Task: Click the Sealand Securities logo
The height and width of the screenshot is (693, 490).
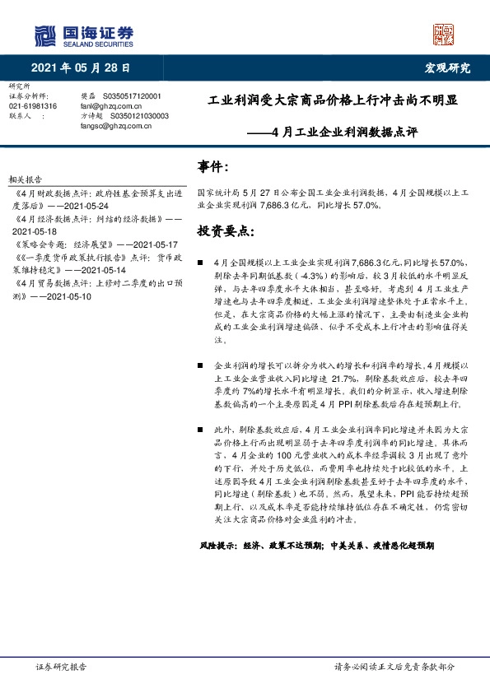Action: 82,35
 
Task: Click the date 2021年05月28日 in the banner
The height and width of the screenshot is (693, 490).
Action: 82,67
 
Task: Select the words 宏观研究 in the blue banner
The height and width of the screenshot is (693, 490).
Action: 448,67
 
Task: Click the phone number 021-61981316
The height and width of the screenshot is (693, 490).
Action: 33,106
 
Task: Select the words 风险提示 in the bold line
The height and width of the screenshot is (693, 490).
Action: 217,545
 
